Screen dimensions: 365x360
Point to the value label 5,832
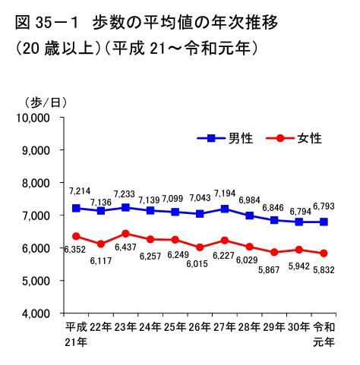[323, 269]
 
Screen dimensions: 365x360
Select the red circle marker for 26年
[200, 247]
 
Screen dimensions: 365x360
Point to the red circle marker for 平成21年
[75, 236]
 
